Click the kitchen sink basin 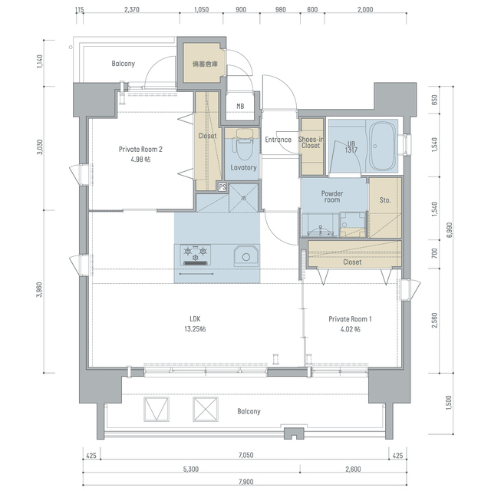[246, 256]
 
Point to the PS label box [222, 187]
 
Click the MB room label [240, 107]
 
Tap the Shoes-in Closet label [311, 143]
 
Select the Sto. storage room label [385, 200]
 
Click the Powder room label [332, 196]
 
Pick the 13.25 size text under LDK [195, 329]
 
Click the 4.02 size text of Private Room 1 [350, 329]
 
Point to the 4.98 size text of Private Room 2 [140, 160]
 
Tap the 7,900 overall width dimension [245, 482]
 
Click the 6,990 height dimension [450, 230]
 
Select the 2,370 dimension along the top [132, 10]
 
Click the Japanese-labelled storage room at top [205, 63]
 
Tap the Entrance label [278, 140]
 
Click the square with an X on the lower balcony [206, 409]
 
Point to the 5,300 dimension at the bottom [191, 469]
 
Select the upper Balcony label [124, 64]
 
